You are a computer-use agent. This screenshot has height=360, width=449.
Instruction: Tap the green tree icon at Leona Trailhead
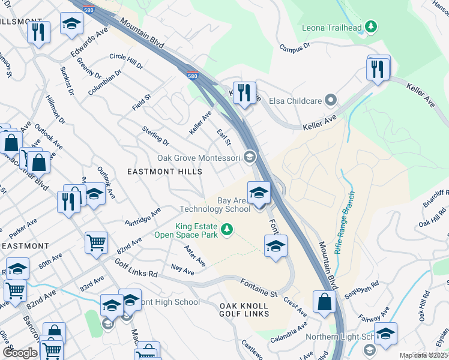(x=372, y=26)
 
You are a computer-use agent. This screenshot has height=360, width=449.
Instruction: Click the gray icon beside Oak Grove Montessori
(x=250, y=158)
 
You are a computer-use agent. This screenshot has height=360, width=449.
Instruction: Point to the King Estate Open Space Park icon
(x=226, y=229)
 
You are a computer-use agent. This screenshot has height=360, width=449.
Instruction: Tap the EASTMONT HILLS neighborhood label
(x=164, y=171)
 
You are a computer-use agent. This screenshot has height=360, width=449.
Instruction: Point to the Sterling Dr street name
(x=155, y=135)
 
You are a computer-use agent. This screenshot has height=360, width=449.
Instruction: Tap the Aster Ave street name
(x=196, y=256)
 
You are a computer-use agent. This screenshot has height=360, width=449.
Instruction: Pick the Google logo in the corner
(x=20, y=353)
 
